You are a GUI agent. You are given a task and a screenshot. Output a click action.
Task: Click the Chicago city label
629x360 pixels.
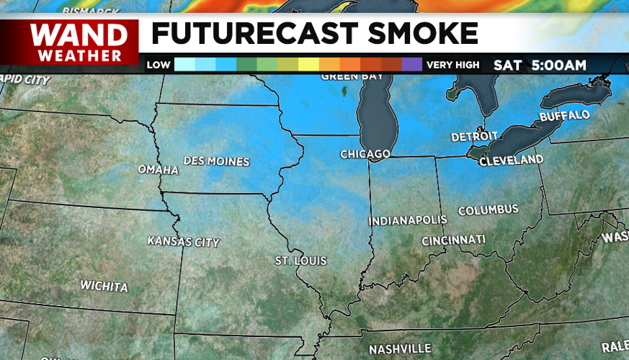366,154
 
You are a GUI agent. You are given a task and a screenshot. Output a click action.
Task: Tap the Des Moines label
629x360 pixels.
216,161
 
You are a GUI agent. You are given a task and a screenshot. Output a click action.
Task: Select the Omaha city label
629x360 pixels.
158,170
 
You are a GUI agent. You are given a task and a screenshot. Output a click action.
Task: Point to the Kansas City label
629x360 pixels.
183,241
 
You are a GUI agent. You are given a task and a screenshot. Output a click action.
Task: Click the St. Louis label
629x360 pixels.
301,260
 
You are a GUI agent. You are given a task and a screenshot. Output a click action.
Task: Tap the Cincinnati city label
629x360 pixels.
453,239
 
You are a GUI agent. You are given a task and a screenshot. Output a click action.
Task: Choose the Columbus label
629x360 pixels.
488,210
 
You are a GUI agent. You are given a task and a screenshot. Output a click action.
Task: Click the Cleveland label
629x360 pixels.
512,159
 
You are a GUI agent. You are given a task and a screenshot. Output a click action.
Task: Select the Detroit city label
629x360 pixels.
474,136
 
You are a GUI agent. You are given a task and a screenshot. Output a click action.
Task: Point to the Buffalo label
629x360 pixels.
564,116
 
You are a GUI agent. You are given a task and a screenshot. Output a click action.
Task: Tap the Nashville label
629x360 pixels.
400,348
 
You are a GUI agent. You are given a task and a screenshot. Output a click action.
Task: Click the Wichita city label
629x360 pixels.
104,286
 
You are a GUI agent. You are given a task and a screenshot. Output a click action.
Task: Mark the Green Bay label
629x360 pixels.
344,76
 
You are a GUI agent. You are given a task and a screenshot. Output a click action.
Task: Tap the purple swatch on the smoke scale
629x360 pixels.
411,65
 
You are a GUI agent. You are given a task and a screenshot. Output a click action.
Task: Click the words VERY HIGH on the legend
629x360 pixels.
452,65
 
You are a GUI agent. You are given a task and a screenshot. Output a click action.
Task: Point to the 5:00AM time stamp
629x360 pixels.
559,65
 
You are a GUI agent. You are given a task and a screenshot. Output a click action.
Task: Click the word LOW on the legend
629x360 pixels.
159,65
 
